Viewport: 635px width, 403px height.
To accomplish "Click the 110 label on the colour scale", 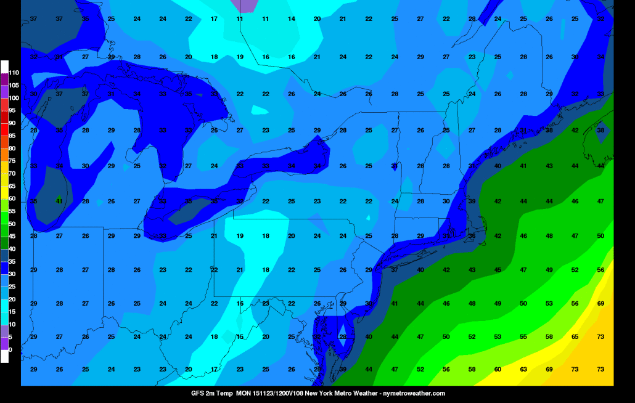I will (x=14, y=72).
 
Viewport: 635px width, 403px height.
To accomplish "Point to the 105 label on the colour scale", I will (x=14, y=85).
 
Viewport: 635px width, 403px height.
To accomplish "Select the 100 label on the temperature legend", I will (x=14, y=98).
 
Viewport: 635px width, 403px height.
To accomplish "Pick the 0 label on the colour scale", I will (x=10, y=349).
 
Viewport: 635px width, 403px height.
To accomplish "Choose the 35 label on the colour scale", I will (x=12, y=261).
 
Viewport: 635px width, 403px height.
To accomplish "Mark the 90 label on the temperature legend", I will (x=12, y=123).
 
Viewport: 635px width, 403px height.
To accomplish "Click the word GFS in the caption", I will (x=197, y=393).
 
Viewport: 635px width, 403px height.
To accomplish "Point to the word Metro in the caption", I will (x=340, y=393).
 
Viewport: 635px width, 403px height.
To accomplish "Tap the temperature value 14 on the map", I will (x=292, y=19).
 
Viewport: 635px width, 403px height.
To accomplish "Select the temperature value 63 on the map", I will (x=523, y=369).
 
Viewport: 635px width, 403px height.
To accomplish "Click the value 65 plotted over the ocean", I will (x=575, y=336).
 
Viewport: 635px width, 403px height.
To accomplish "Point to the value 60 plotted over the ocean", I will (x=498, y=369).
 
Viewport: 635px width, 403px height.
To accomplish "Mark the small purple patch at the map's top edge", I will (x=245, y=6).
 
